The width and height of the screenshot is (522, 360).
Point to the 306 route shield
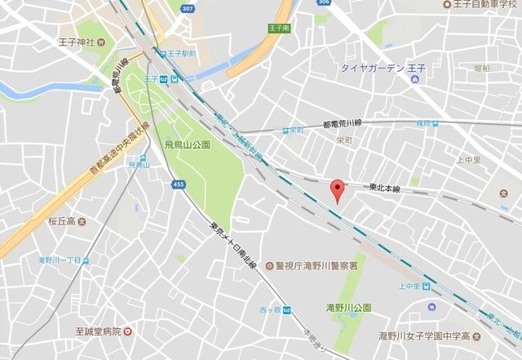(x=321, y=3)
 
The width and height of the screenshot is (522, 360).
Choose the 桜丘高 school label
(x=61, y=221)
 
